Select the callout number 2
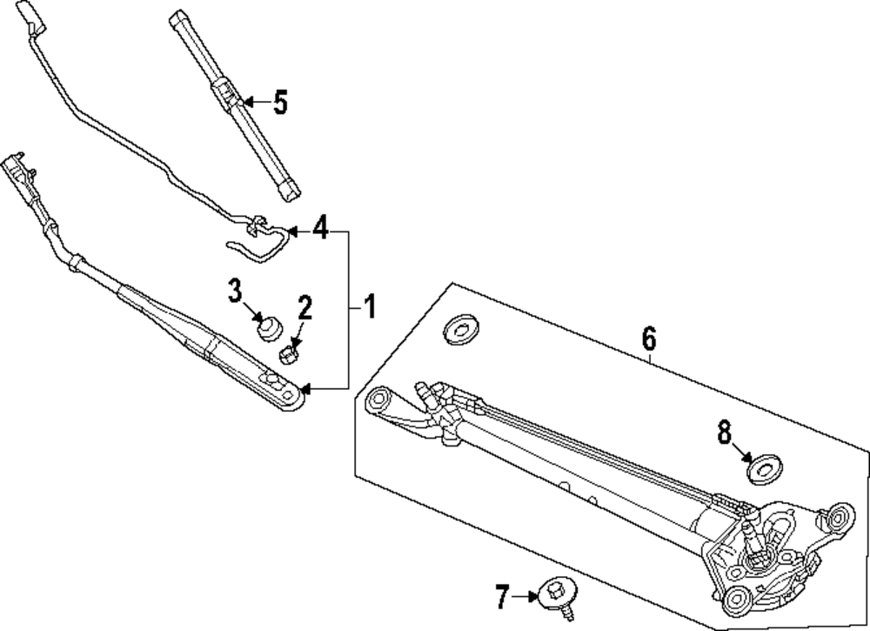304,307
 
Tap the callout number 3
235,291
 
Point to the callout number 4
320,231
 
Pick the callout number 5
278,103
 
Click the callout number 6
649,338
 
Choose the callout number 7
501,597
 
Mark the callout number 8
725,433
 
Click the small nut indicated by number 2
289,352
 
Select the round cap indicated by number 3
268,327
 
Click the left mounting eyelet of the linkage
378,401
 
